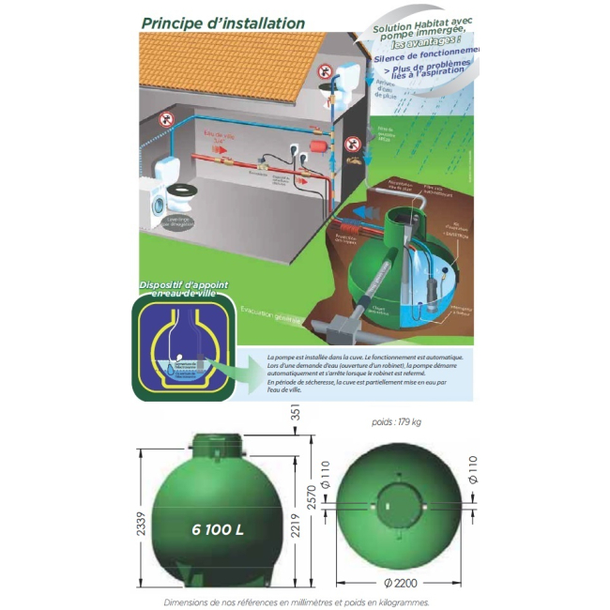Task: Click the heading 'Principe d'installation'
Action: tap(222, 22)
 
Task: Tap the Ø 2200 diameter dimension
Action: tap(401, 582)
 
